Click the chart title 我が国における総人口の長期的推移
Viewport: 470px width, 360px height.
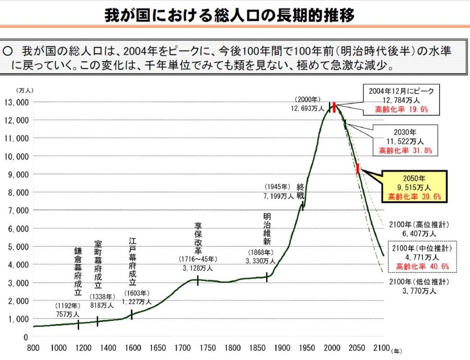[229, 14]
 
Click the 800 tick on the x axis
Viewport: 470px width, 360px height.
[33, 348]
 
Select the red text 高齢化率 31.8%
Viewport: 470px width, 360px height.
[406, 150]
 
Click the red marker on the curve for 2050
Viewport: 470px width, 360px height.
[358, 168]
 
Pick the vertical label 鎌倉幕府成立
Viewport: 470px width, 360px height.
[78, 272]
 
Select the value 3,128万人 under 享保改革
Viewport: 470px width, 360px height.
[198, 269]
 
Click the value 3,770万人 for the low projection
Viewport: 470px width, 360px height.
[418, 291]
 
